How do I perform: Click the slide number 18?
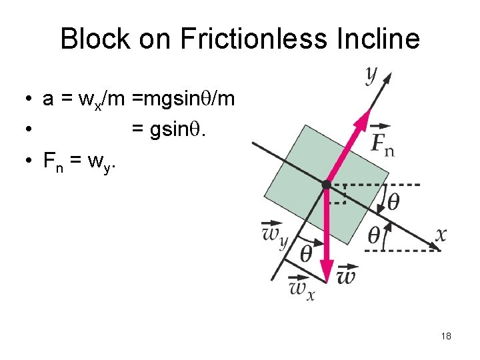tap(446, 336)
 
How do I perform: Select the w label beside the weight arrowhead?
tap(347, 275)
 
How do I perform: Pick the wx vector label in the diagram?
tap(301, 289)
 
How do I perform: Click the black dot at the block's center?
tap(326, 184)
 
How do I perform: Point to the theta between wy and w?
tap(306, 253)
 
